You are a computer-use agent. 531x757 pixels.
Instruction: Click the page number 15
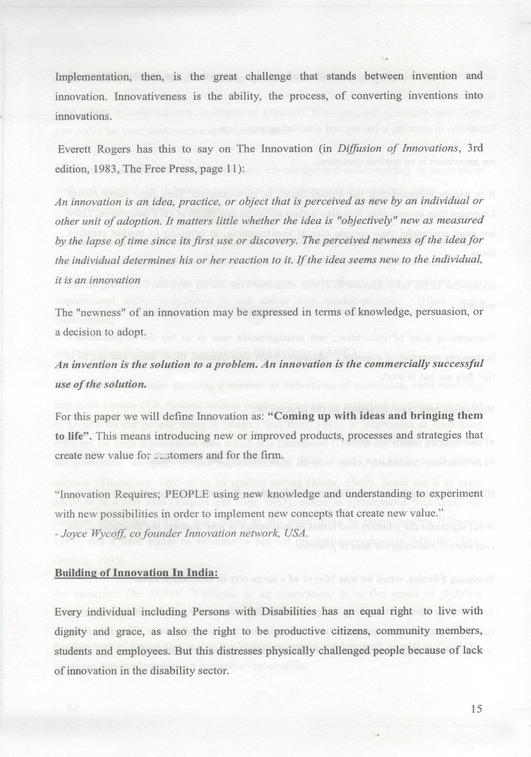[x=476, y=709]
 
